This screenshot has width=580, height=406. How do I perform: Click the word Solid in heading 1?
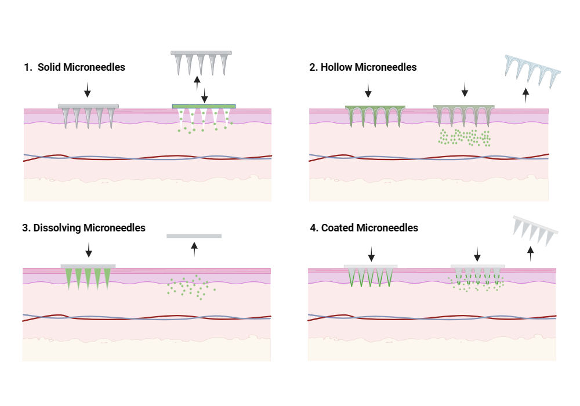click(49, 67)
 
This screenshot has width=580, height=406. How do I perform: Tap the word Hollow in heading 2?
click(337, 67)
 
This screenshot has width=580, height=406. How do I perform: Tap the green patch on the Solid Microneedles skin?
click(204, 106)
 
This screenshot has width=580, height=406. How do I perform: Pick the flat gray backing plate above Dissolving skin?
click(194, 236)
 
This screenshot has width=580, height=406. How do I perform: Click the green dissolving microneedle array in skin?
click(88, 277)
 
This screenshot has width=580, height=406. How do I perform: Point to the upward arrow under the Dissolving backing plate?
click(194, 249)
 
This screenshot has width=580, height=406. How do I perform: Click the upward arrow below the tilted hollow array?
click(525, 95)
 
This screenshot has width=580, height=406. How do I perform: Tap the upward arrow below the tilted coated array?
click(530, 254)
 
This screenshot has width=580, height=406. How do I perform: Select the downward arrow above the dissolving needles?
click(88, 250)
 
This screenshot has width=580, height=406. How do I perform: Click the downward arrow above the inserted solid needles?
click(88, 89)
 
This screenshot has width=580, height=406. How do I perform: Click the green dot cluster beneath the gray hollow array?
click(464, 138)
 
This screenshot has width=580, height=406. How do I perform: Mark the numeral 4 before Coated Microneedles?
click(313, 228)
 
